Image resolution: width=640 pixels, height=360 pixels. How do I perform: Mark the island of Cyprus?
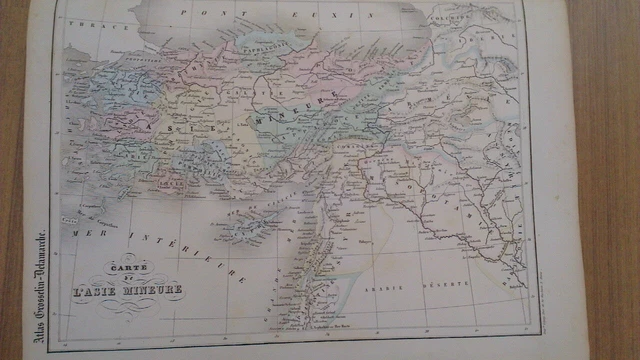[246, 224]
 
